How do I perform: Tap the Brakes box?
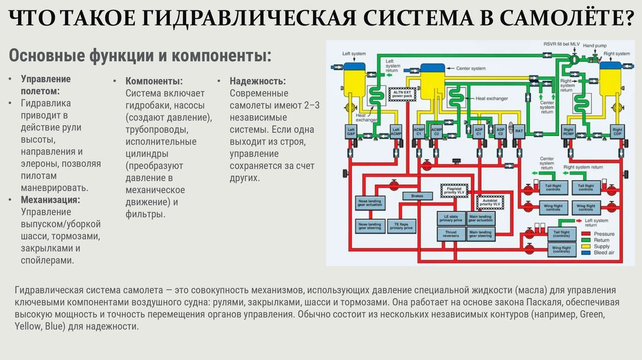click(x=418, y=197)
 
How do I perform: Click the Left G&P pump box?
click(x=351, y=132)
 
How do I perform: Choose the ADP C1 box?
click(x=478, y=132)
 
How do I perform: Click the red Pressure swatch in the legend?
click(x=588, y=234)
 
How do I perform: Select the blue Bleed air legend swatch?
click(x=588, y=252)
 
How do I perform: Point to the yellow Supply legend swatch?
click(x=588, y=246)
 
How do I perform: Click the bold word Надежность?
click(x=257, y=82)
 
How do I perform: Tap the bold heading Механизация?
click(x=50, y=199)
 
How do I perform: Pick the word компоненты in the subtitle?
click(x=213, y=55)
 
